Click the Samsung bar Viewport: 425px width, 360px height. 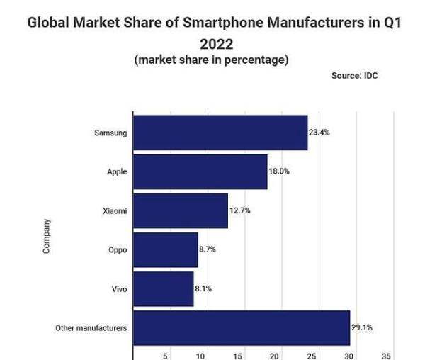[x=220, y=133]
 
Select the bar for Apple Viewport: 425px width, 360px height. [x=200, y=171]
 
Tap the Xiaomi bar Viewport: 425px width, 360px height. [x=181, y=210]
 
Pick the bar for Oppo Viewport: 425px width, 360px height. [x=166, y=249]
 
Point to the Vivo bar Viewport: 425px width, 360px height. [x=164, y=288]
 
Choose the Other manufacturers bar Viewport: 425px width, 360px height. [x=242, y=327]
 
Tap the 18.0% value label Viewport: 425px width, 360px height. [x=279, y=171]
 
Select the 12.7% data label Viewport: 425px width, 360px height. [x=239, y=210]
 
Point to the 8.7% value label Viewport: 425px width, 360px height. [x=209, y=249]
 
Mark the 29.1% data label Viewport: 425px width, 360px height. [x=361, y=327]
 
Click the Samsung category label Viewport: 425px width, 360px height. [x=110, y=133]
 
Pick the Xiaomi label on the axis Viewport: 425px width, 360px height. [x=115, y=210]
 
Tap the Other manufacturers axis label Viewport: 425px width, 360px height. [x=91, y=328]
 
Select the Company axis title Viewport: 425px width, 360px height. [x=47, y=236]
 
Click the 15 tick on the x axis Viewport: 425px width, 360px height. [x=237, y=356]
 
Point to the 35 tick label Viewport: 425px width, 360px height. [x=385, y=356]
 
